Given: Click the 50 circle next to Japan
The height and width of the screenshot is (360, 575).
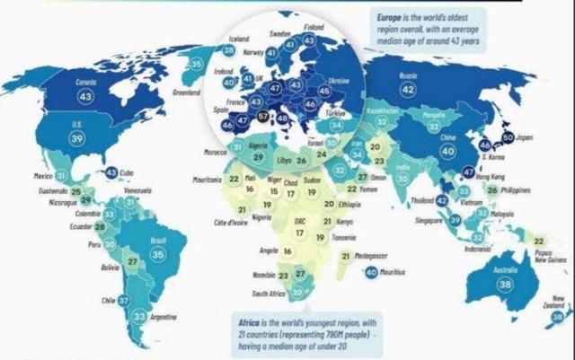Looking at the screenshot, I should [508, 137].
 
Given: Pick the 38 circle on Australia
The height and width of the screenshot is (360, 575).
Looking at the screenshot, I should [506, 285].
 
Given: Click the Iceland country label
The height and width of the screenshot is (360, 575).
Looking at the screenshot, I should [239, 40].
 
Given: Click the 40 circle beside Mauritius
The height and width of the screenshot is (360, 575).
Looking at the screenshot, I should [372, 272].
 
